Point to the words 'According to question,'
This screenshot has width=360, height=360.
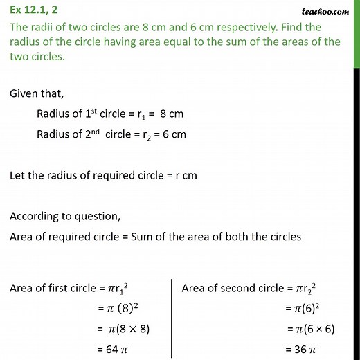pyautogui.click(x=61, y=216)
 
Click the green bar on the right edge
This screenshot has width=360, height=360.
pyautogui.click(x=357, y=35)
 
